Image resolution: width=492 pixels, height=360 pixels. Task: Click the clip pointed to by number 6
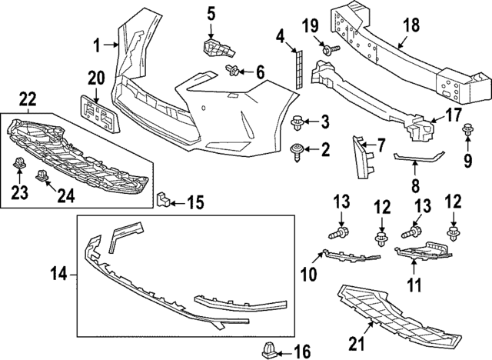tap(231, 72)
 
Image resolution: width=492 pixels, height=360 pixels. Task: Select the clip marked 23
tap(17, 162)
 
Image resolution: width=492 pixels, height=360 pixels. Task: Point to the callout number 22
tap(27, 98)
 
